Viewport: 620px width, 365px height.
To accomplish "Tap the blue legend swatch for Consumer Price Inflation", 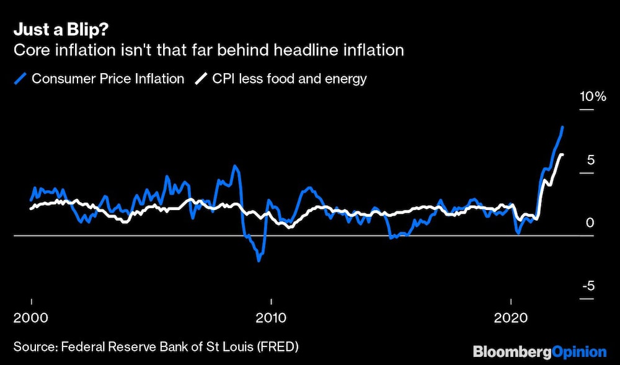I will coord(22,79).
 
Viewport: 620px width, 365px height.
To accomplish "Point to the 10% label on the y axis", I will coord(591,97).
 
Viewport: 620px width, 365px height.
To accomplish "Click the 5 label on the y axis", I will coord(591,160).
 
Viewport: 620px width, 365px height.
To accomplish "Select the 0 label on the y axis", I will coord(591,222).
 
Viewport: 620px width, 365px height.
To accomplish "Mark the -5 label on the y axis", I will coord(588,286).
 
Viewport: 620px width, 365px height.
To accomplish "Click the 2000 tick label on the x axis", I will coord(31,318).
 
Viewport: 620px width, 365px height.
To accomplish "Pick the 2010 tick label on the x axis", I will coord(270,318).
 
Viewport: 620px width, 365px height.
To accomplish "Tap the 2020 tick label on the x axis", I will coord(511,318).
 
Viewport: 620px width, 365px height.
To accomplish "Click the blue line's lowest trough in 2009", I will coord(259,260).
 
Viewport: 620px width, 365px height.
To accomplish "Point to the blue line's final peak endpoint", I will coord(562,127).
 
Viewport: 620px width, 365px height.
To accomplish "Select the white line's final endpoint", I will coord(562,154).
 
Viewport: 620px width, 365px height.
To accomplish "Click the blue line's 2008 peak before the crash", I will coord(235,166).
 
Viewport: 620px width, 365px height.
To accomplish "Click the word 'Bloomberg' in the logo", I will coord(511,352).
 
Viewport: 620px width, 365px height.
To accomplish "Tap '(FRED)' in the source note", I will coord(277,346).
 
